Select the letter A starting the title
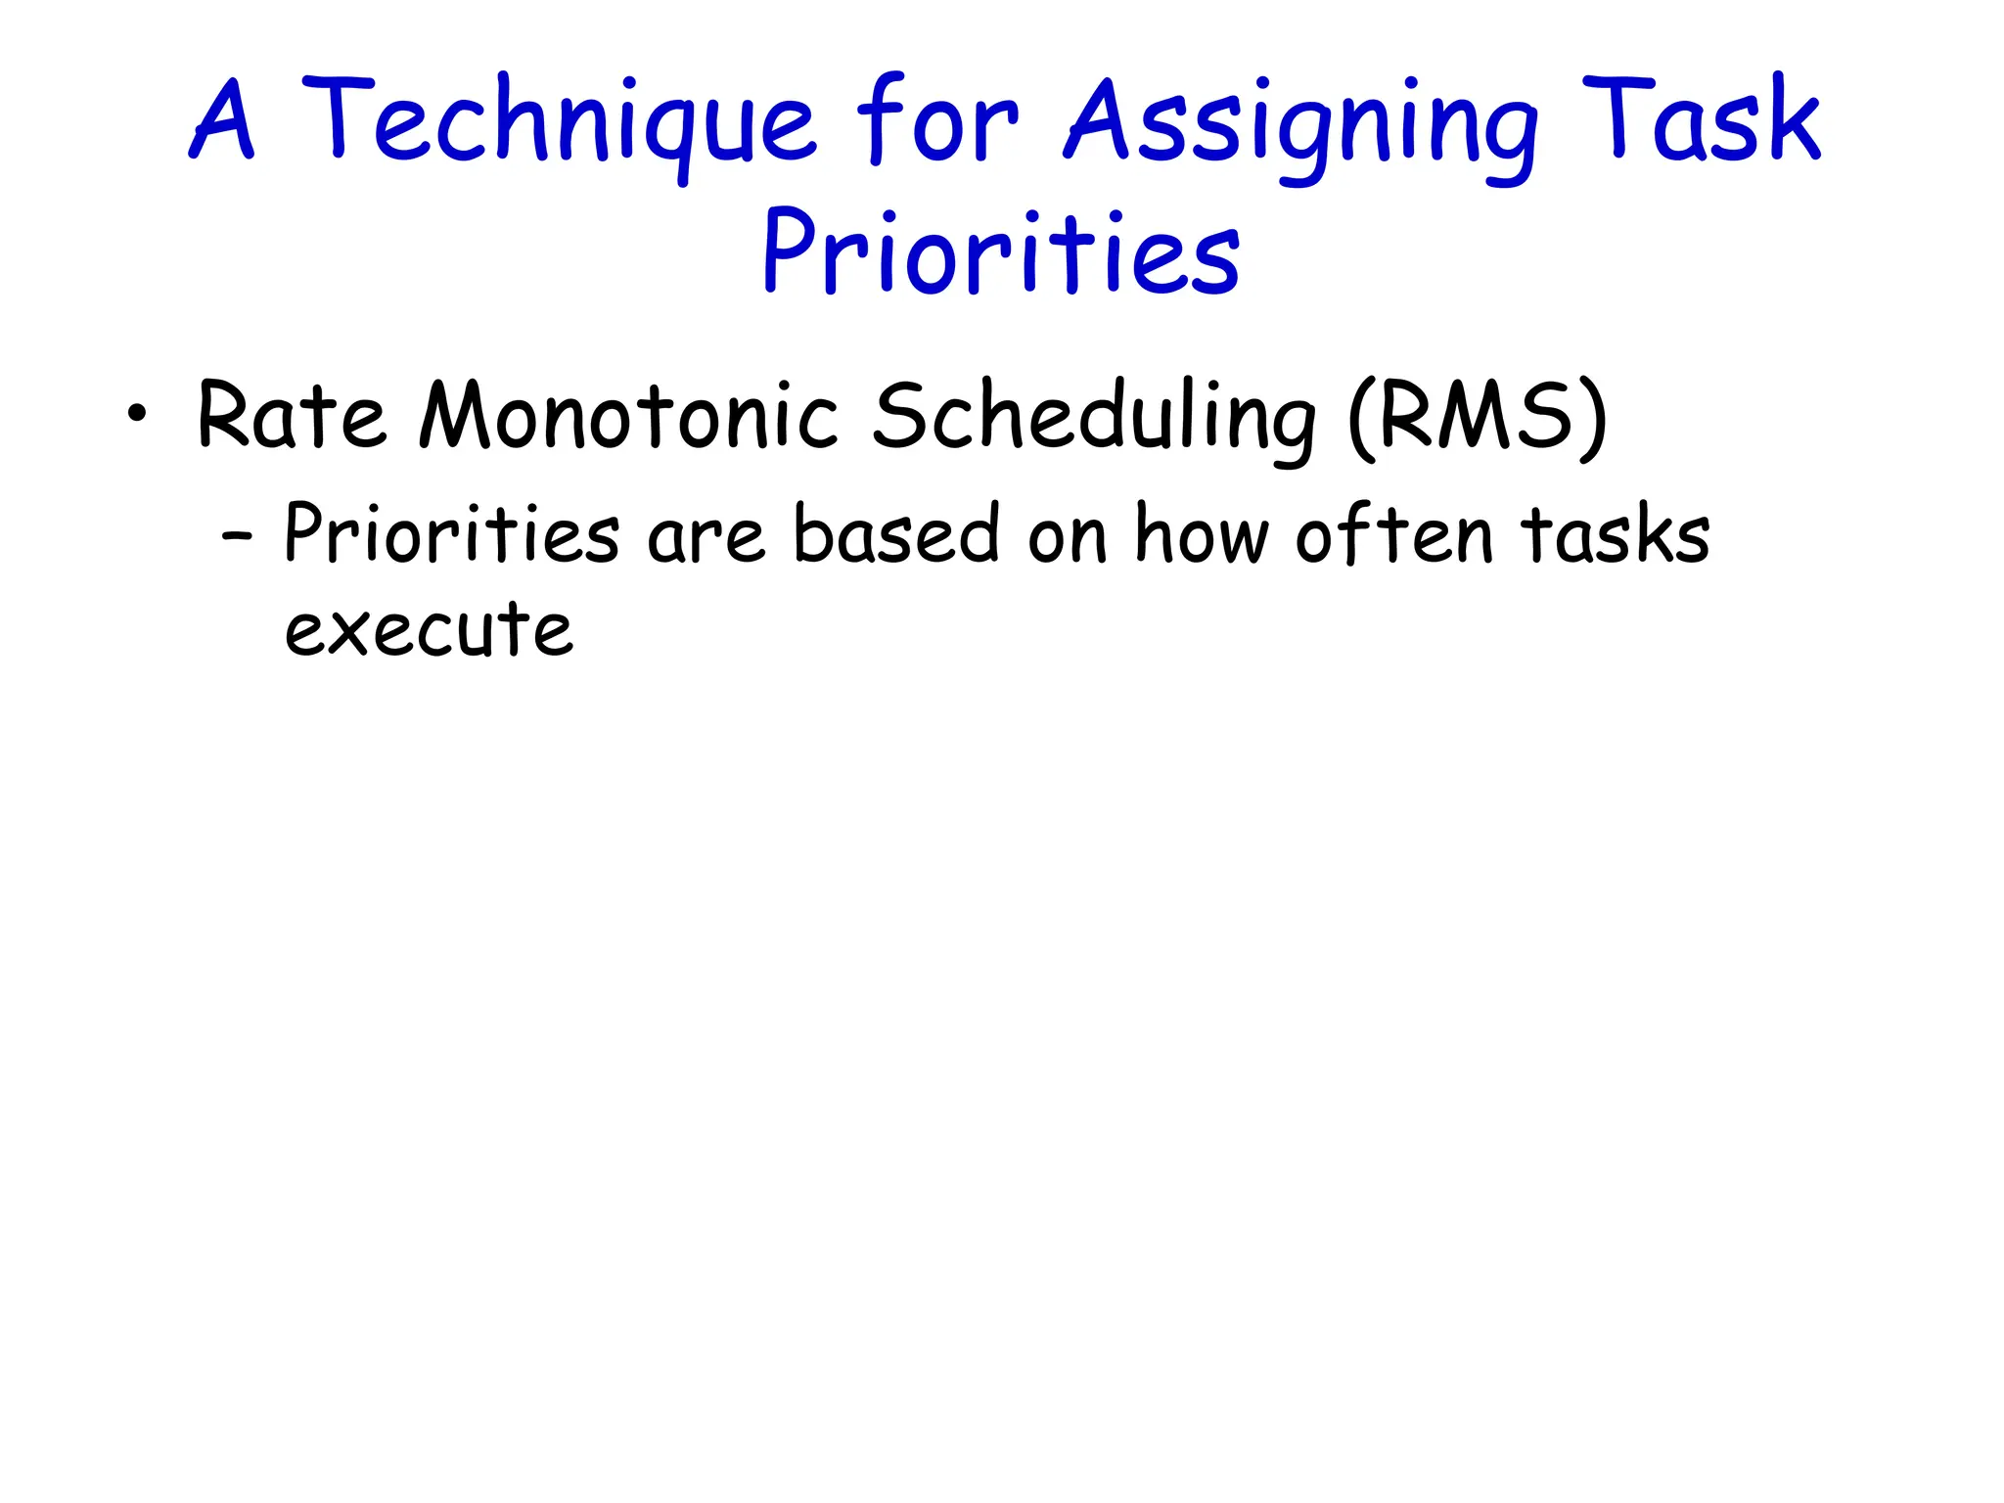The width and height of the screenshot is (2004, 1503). (223, 122)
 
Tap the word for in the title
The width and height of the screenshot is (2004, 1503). (936, 122)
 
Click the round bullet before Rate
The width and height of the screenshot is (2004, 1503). (137, 414)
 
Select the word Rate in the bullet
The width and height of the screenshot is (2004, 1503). (291, 416)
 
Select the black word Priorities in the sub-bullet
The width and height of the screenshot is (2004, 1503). (451, 534)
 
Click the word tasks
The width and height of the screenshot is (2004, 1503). (1615, 534)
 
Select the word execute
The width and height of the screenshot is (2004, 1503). (429, 628)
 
